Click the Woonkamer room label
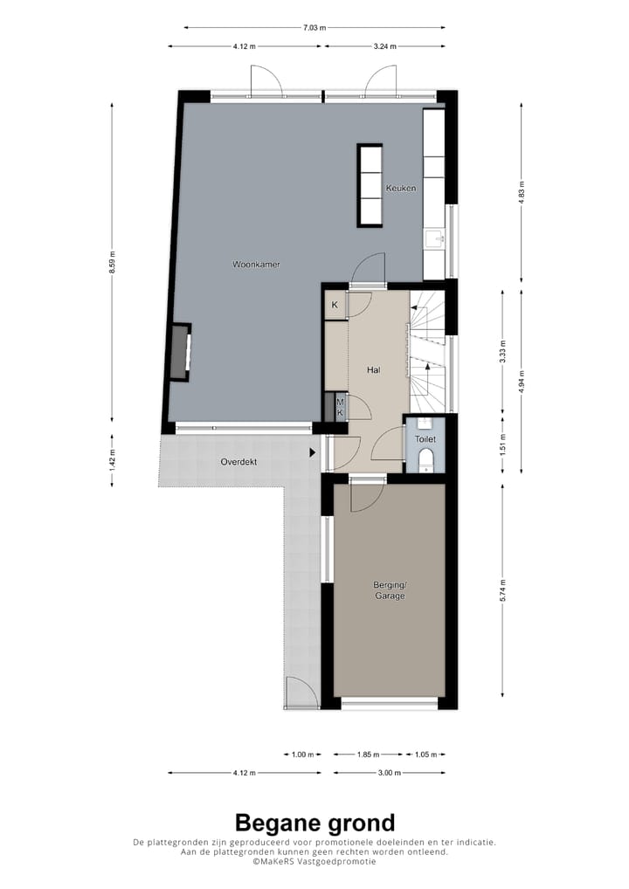click(256, 264)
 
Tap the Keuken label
click(401, 188)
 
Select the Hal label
click(374, 370)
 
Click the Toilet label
click(425, 439)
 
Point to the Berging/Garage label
click(390, 589)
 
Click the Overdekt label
click(238, 462)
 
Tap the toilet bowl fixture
click(425, 460)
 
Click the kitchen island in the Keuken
click(370, 185)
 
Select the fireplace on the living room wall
click(179, 352)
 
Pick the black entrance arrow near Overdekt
click(312, 452)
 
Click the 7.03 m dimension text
click(314, 28)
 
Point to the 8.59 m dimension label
click(112, 262)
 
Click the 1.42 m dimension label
click(112, 460)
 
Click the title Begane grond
click(314, 823)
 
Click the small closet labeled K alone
click(334, 306)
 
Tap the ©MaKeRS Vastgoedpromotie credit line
click(314, 861)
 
